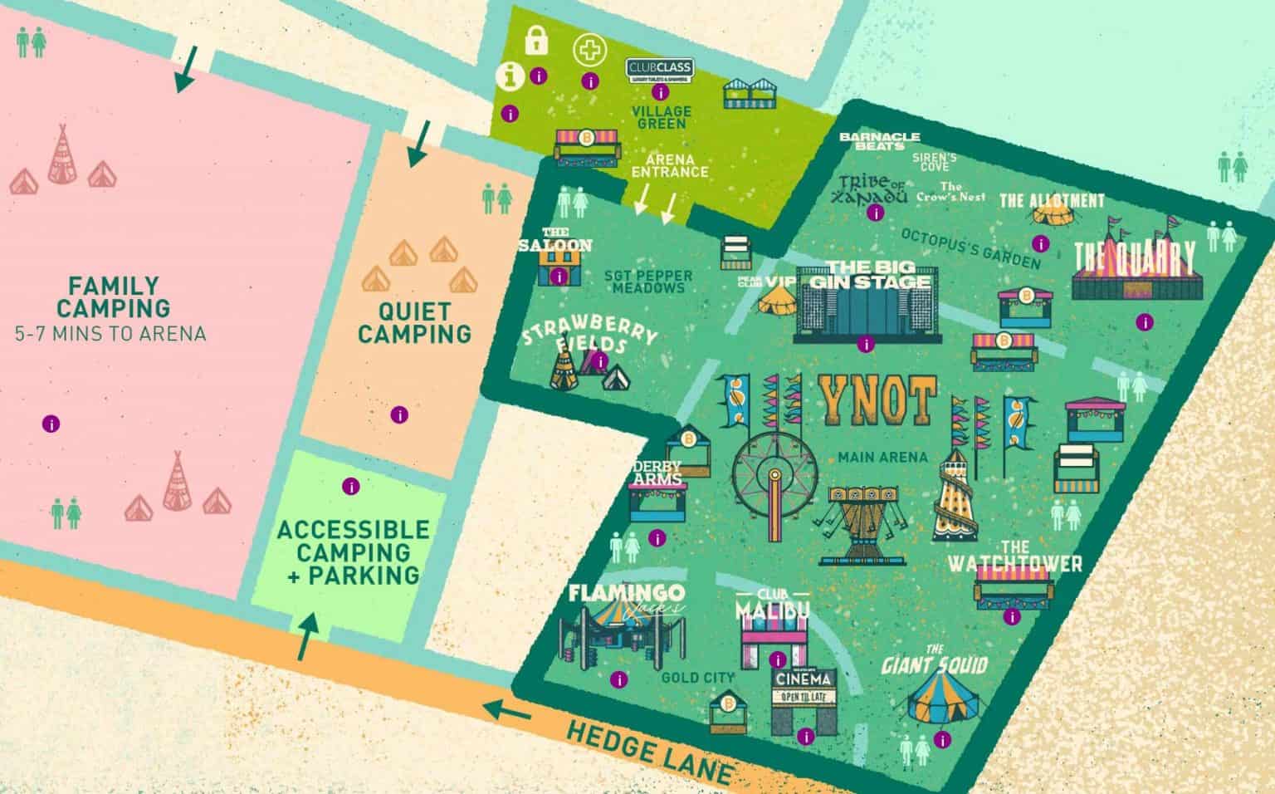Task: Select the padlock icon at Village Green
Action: [x=536, y=39]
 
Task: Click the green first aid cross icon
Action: [x=589, y=49]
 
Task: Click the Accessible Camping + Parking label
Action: [x=353, y=552]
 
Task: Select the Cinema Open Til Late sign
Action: [x=803, y=687]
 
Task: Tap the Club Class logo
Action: [x=659, y=69]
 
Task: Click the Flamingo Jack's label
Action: [x=627, y=596]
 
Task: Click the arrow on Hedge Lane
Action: [x=508, y=711]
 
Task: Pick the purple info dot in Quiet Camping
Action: [x=399, y=414]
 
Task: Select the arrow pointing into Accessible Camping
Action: [x=305, y=635]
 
